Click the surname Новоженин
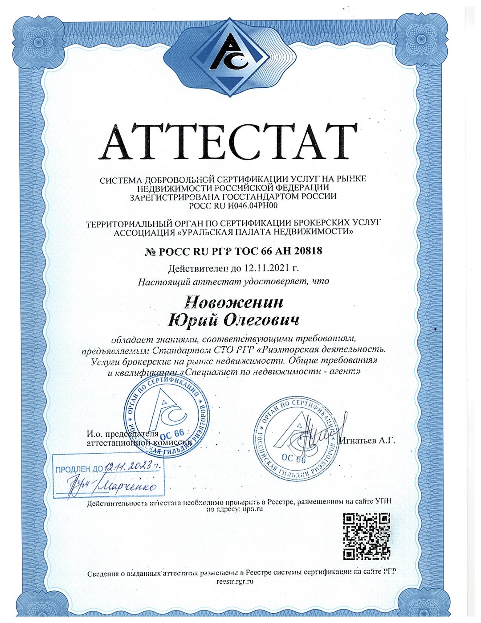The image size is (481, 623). click(x=234, y=303)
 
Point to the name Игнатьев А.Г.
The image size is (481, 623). click(x=368, y=441)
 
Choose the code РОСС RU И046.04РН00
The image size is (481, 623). click(x=233, y=205)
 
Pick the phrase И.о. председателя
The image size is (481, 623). click(x=117, y=434)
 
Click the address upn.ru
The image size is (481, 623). click(x=253, y=509)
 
